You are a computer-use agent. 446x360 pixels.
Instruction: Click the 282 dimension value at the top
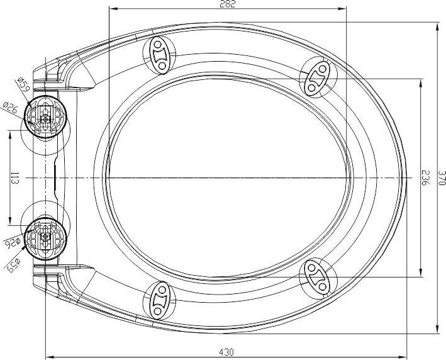pos(228,4)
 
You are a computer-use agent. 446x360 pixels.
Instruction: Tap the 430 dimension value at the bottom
pos(226,352)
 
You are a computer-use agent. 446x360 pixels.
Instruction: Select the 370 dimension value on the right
pos(442,178)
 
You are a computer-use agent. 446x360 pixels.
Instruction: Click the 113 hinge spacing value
pos(15,178)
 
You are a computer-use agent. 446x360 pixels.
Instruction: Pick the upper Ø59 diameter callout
pos(23,84)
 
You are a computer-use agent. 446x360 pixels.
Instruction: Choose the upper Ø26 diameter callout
pos(11,108)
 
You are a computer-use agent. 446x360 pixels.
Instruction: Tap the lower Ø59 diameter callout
pos(14,265)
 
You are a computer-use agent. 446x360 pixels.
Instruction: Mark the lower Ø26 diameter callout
pos(12,243)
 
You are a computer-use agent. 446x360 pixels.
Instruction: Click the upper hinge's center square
pos(45,119)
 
